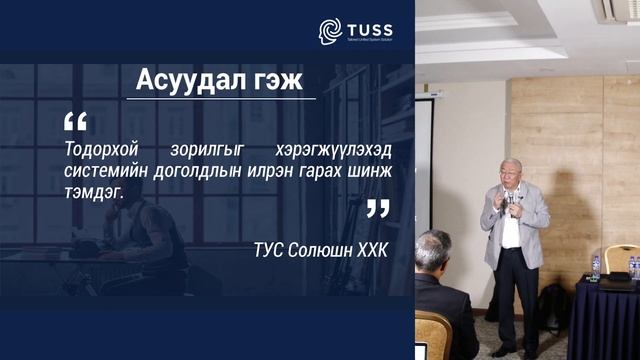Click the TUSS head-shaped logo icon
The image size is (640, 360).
click(329, 29)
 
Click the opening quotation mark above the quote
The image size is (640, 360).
click(75, 122)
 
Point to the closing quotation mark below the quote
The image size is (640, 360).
click(377, 208)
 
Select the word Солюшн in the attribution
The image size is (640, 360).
click(322, 245)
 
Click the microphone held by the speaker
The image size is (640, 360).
click(510, 197)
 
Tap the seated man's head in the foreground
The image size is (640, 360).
click(434, 252)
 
